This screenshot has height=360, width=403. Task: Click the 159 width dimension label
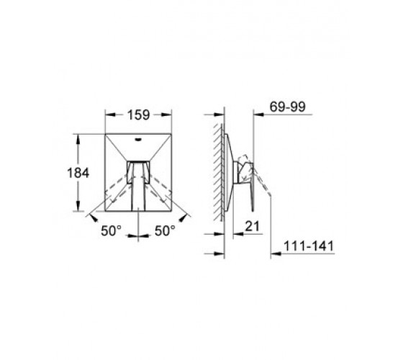pyautogui.click(x=138, y=114)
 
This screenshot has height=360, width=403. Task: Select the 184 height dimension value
pyautogui.click(x=78, y=173)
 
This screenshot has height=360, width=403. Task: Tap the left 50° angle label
pyautogui.click(x=111, y=230)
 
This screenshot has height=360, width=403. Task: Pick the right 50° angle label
pyautogui.click(x=165, y=230)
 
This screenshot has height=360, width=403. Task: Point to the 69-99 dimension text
pyautogui.click(x=288, y=107)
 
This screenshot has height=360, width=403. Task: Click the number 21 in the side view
pyautogui.click(x=253, y=226)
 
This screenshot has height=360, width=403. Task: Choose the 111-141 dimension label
pyautogui.click(x=309, y=246)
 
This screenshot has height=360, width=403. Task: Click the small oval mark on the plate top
pyautogui.click(x=139, y=140)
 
